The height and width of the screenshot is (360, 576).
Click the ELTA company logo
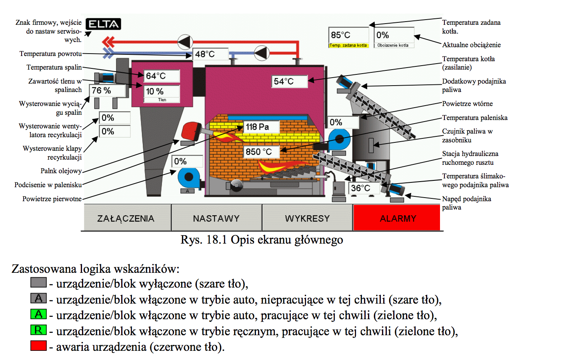click(x=103, y=24)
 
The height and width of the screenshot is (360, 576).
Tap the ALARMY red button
click(x=397, y=218)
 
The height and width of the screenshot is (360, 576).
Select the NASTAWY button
click(x=216, y=218)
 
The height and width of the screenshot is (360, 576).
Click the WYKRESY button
click(x=307, y=218)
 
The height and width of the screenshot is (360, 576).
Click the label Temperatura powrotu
click(x=50, y=54)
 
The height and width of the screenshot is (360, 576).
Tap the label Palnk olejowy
click(x=61, y=171)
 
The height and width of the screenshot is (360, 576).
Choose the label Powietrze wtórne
click(x=467, y=104)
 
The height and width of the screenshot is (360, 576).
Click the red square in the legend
click(x=38, y=346)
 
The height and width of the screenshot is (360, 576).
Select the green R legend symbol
click(x=38, y=330)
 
